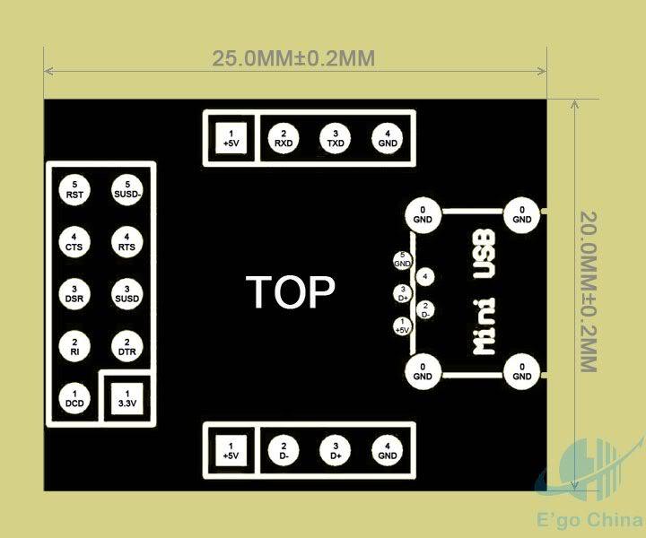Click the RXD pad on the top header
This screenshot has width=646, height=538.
pyautogui.click(x=284, y=137)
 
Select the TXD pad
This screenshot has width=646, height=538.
pyautogui.click(x=336, y=137)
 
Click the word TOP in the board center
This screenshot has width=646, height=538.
pyautogui.click(x=291, y=292)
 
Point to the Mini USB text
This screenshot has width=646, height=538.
pyautogui.click(x=485, y=293)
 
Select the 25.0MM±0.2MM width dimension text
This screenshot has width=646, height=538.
pyautogui.click(x=292, y=58)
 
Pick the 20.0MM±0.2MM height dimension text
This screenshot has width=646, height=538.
pyautogui.click(x=589, y=292)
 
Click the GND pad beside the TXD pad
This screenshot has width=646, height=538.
pyautogui.click(x=388, y=137)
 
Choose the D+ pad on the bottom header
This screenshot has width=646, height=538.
pyautogui.click(x=336, y=449)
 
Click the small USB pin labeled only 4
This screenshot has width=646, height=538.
pyautogui.click(x=425, y=277)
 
